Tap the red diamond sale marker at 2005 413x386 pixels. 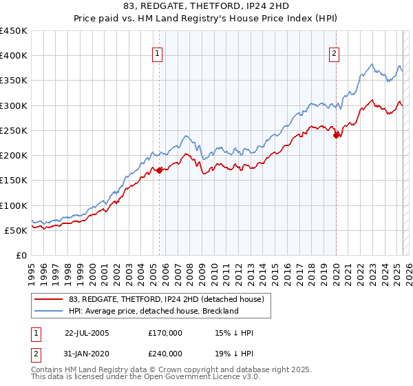click(159, 170)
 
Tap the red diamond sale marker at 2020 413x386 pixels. click(337, 135)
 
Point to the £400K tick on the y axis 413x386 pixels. click(14, 56)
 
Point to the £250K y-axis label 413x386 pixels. click(14, 130)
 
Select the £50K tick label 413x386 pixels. click(17, 230)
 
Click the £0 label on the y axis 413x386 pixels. click(21, 255)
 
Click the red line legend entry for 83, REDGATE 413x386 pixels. click(165, 298)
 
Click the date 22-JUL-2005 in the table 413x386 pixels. click(87, 333)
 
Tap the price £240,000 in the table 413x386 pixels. click(165, 352)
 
